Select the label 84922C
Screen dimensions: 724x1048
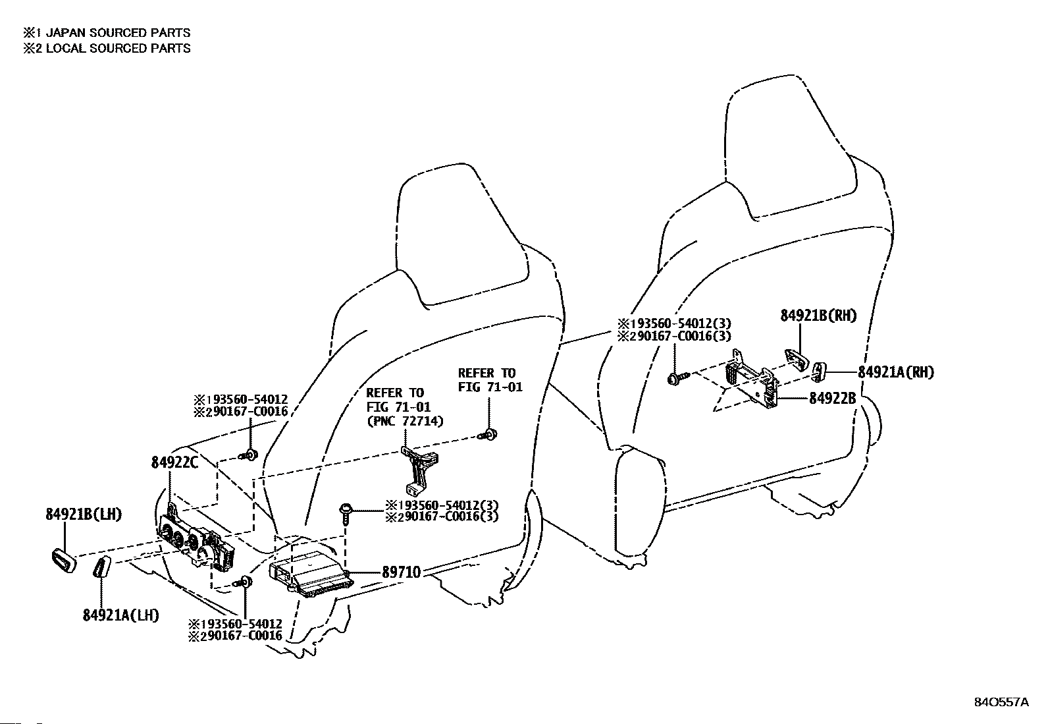(x=174, y=462)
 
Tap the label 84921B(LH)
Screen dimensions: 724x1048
(x=84, y=515)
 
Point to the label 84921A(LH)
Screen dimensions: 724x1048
(x=121, y=615)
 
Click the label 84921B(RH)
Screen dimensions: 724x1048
(x=819, y=316)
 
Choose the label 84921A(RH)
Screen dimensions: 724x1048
(x=895, y=372)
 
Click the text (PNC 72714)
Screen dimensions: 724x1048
(x=405, y=421)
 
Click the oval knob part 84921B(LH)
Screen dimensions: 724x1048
(x=63, y=561)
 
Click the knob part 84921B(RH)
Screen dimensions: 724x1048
(x=796, y=360)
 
